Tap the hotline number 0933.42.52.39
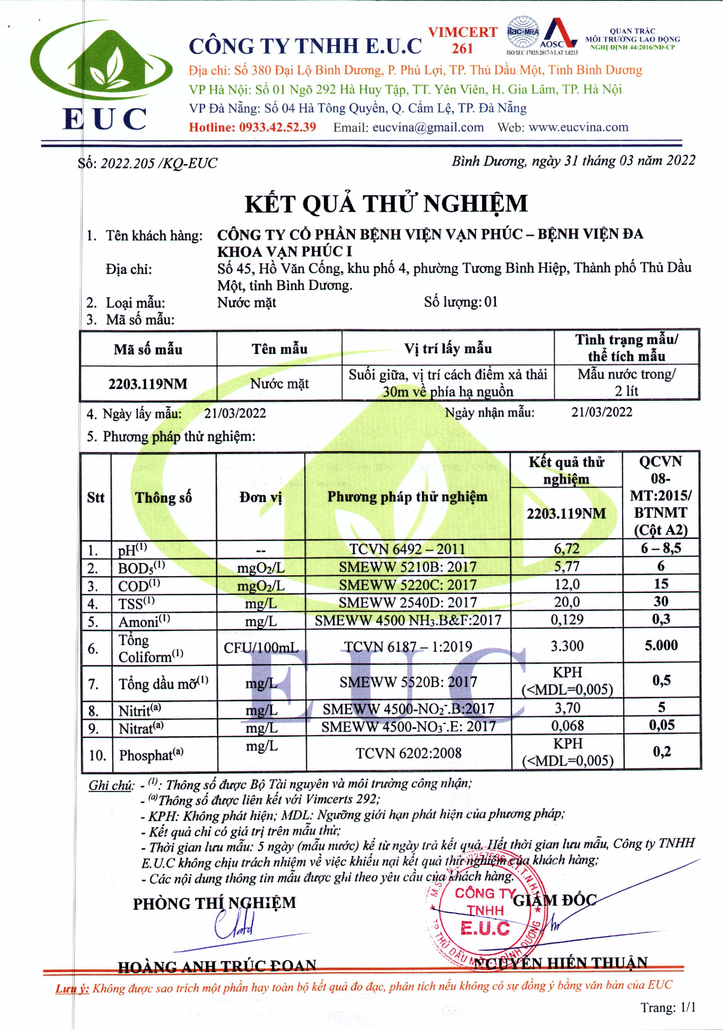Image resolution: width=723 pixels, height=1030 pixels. click(x=277, y=127)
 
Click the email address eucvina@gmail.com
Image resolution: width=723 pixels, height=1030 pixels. click(x=428, y=127)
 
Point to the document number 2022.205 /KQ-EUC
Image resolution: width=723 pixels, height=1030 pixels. click(x=158, y=163)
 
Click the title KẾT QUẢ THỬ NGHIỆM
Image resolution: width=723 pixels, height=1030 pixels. click(x=386, y=204)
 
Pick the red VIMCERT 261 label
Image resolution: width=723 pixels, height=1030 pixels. click(x=462, y=40)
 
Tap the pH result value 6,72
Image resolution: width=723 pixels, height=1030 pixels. click(x=567, y=548)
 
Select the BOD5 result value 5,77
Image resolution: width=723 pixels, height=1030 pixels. click(x=567, y=566)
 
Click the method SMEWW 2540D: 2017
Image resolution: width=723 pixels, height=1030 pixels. click(x=407, y=602)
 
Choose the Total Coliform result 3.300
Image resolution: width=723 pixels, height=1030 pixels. click(x=567, y=646)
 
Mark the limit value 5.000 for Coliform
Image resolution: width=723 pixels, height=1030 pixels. click(x=661, y=646)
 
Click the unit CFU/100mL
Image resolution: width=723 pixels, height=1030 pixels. click(x=261, y=647)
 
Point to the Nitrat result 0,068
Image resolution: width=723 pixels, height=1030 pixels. click(x=567, y=726)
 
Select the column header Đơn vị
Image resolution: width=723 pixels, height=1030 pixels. click(x=260, y=497)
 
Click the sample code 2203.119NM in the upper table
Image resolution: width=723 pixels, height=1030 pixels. click(x=148, y=384)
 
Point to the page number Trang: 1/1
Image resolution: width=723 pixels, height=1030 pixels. click(x=667, y=1007)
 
